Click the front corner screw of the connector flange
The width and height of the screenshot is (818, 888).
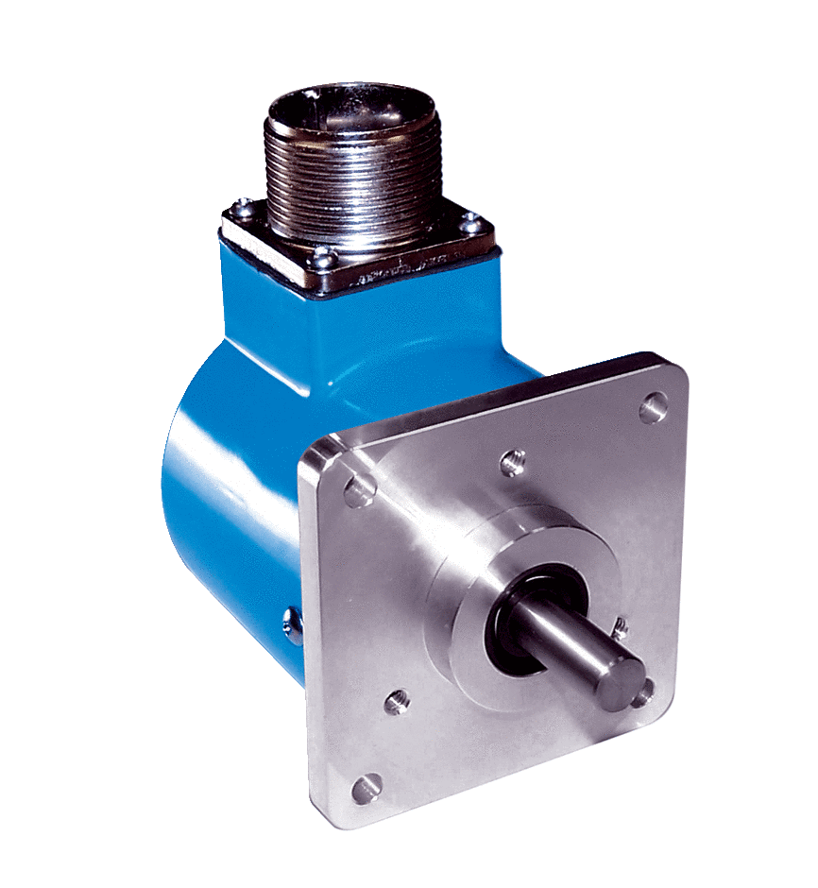pos(321,253)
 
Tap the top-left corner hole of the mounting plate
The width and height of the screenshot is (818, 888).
pos(357,489)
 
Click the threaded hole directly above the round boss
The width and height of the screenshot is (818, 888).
pos(511,461)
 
